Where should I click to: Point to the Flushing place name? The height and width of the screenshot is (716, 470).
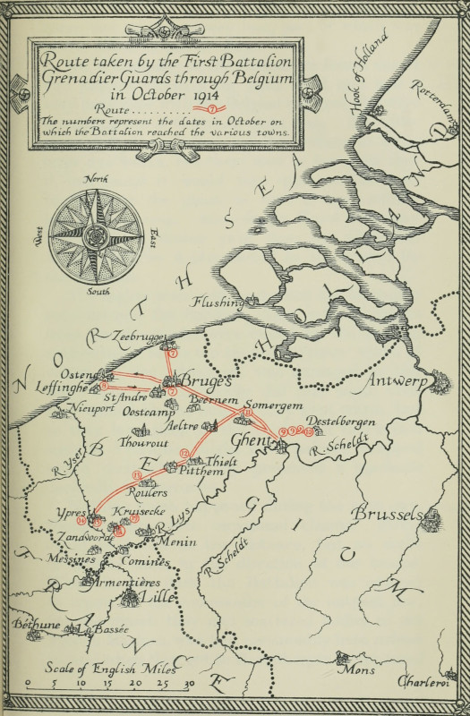point(217,303)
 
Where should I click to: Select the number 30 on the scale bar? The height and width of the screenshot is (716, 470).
point(189,684)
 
